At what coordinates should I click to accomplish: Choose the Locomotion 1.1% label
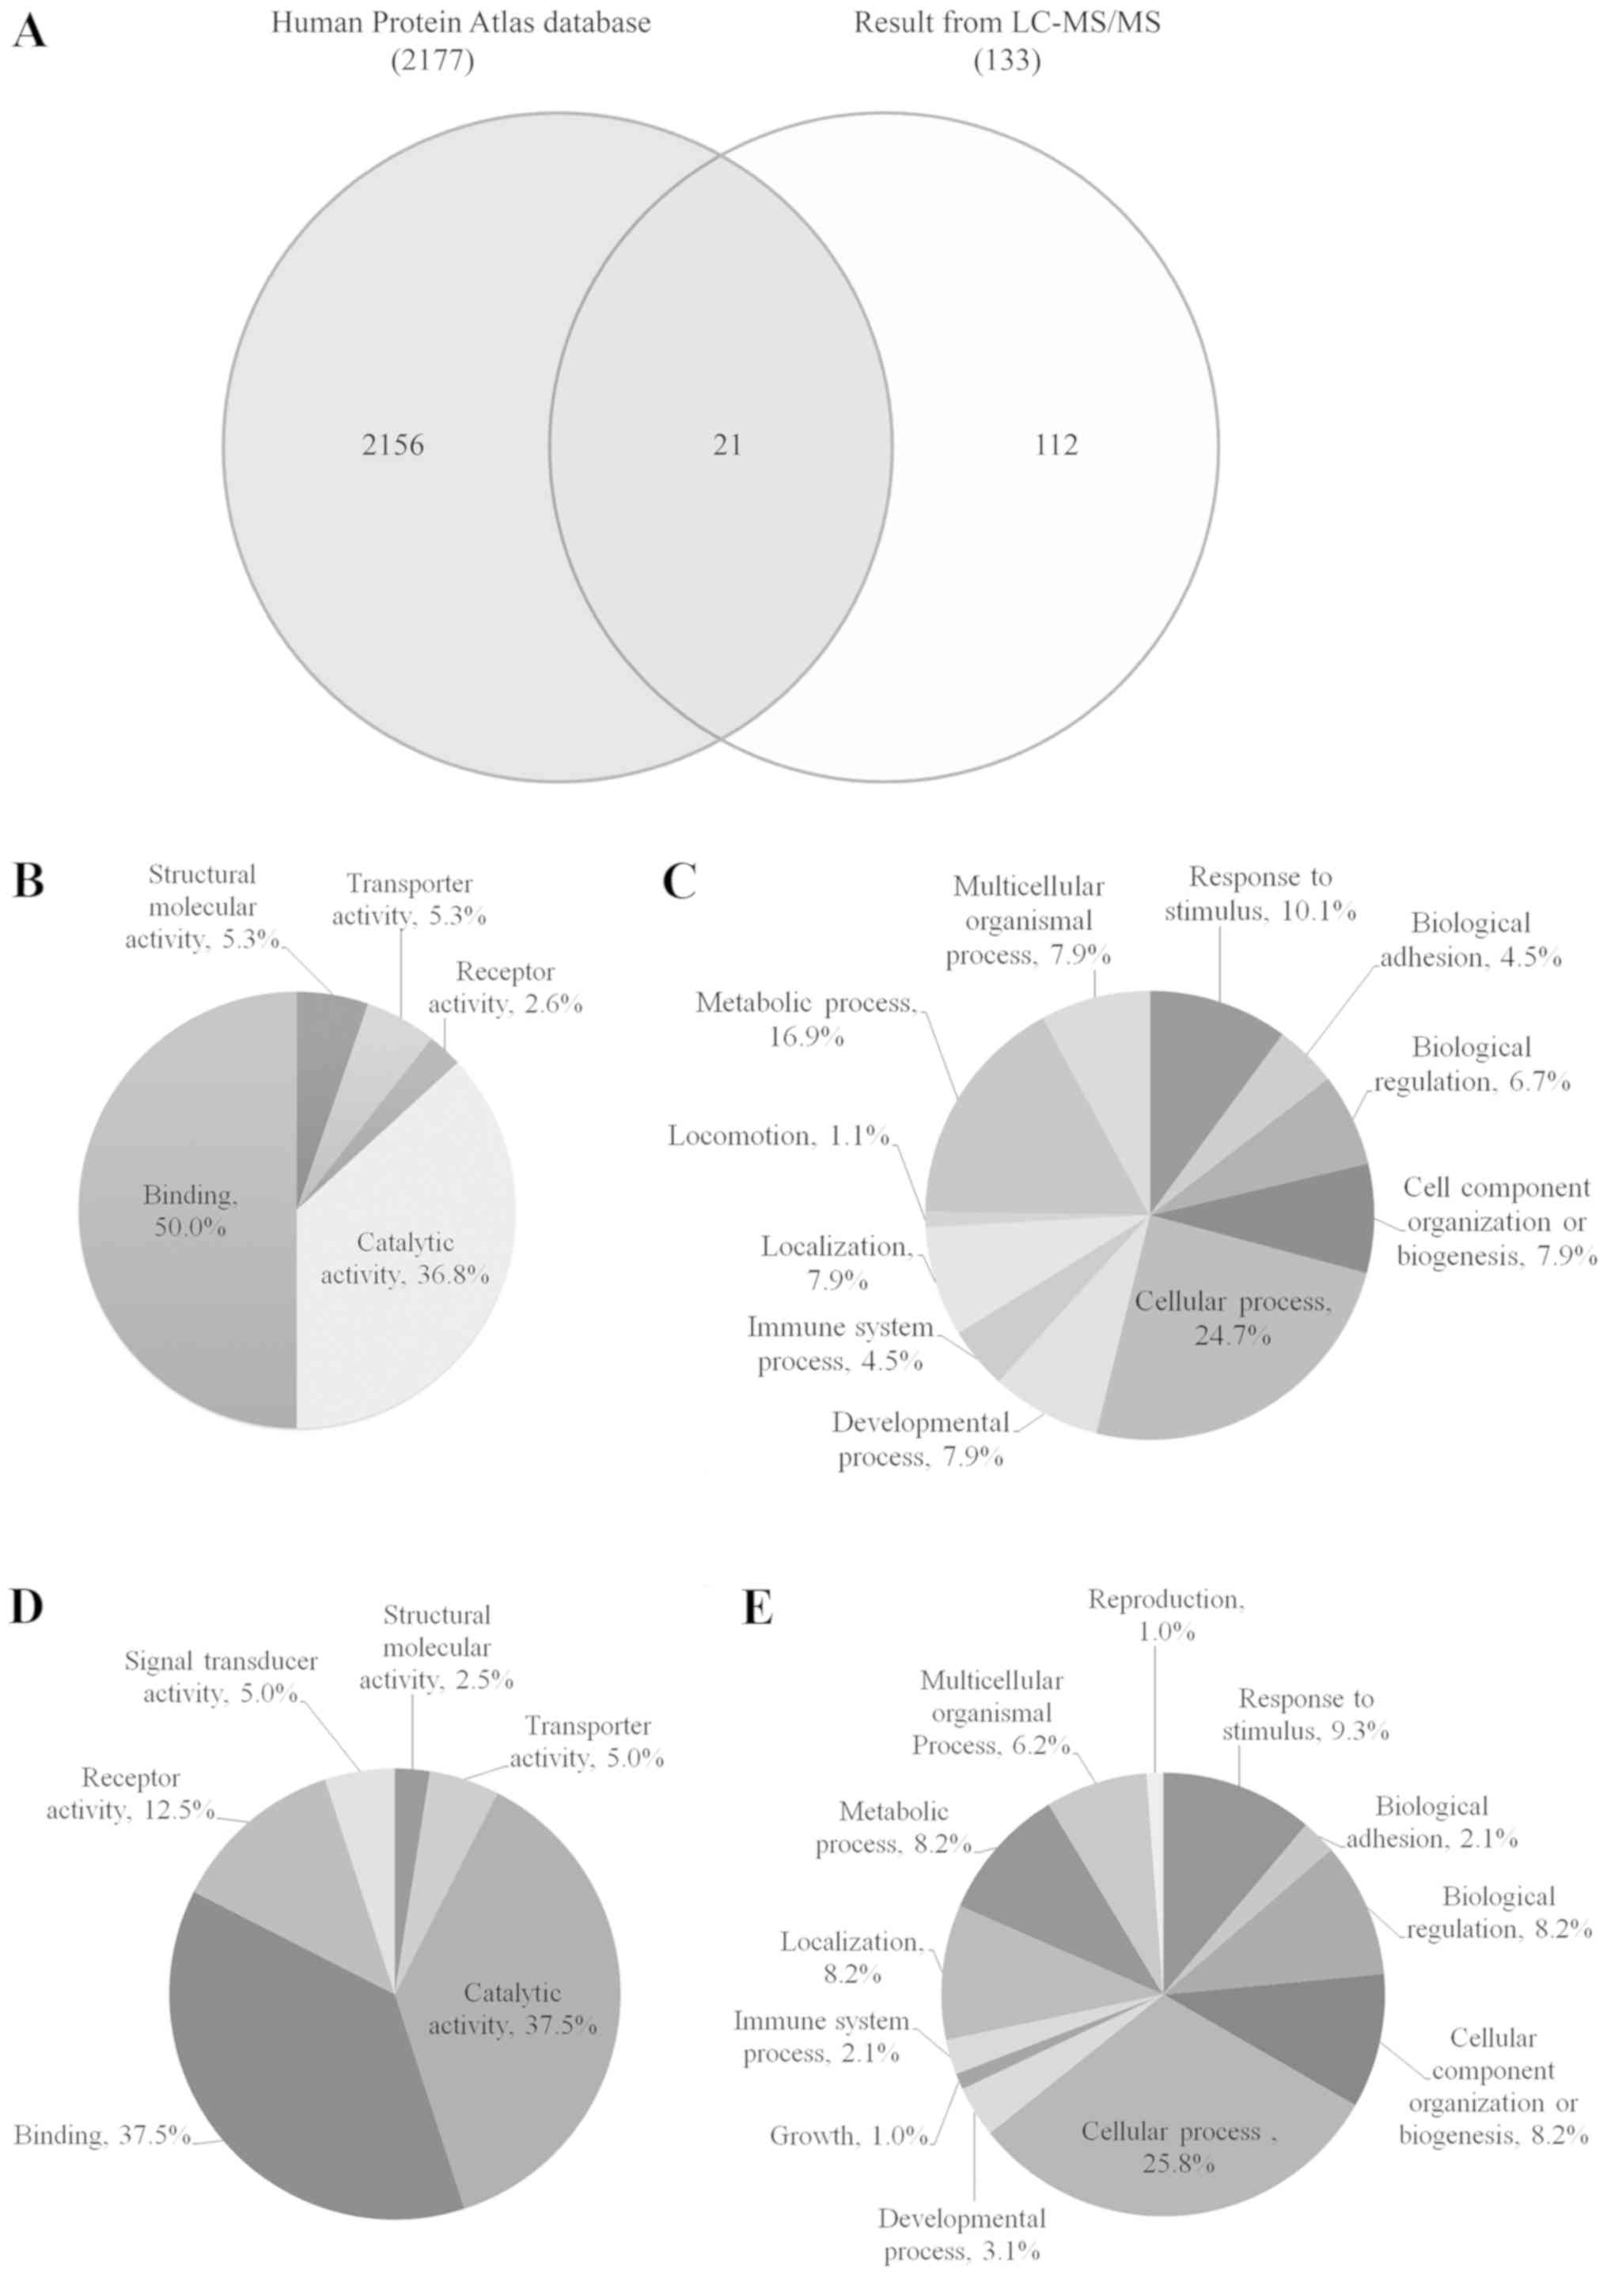[x=779, y=1136]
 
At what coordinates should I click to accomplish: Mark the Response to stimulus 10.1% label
[x=1259, y=893]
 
